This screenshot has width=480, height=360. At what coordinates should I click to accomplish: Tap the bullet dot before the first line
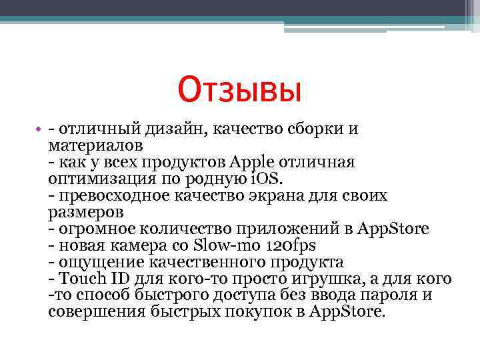(41, 129)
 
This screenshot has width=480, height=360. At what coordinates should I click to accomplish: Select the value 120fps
(291, 245)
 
